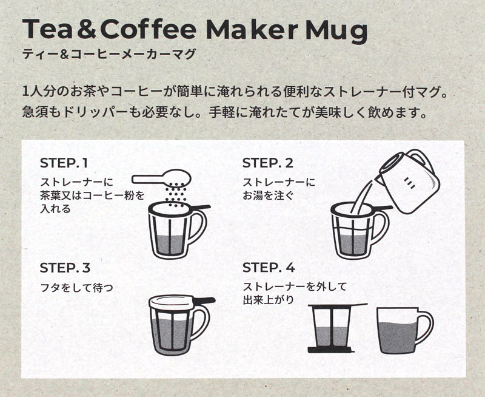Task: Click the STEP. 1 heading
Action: point(64,163)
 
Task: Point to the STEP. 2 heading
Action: point(267,163)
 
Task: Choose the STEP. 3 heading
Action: point(65,268)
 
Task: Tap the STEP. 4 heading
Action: point(269,268)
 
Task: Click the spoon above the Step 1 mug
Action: point(161,178)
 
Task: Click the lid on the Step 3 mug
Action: point(172,301)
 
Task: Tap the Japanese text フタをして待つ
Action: point(77,288)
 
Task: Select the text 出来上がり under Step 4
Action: point(269,300)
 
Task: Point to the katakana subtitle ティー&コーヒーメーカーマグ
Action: point(109,54)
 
